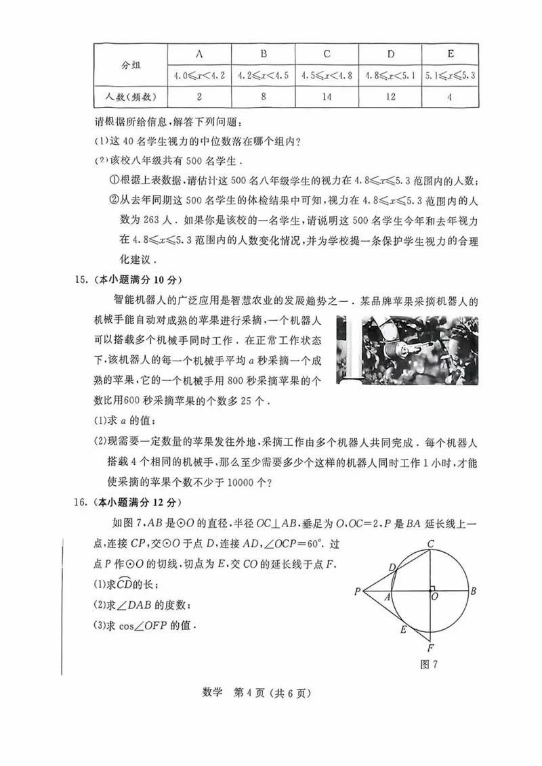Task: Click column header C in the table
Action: click(x=327, y=53)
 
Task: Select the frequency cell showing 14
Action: click(x=327, y=97)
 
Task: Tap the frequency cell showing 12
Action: click(x=390, y=97)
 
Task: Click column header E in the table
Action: click(x=451, y=53)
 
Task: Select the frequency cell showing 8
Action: click(x=264, y=97)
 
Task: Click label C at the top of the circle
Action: click(x=430, y=524)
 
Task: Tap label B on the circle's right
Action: click(x=474, y=591)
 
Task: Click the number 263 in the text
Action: click(x=158, y=221)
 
